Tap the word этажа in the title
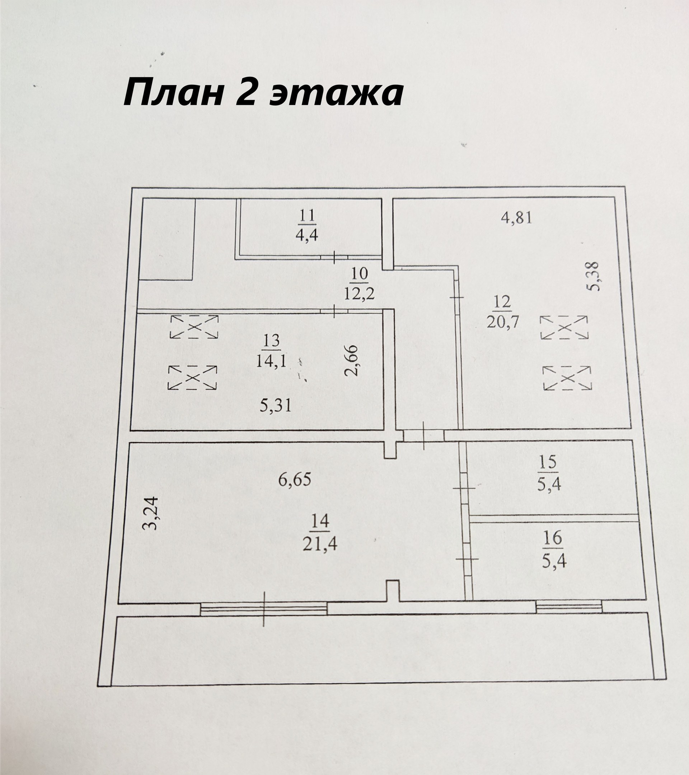tap(336, 94)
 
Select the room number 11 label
tap(307, 216)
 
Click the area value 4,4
tap(306, 235)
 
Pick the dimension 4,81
tap(516, 218)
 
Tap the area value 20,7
tap(503, 322)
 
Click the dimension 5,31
tap(275, 406)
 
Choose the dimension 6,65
tap(295, 480)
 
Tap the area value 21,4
tap(320, 545)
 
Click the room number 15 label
tap(548, 462)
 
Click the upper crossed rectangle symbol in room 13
tap(194, 327)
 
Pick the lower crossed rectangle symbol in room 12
tap(567, 378)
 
